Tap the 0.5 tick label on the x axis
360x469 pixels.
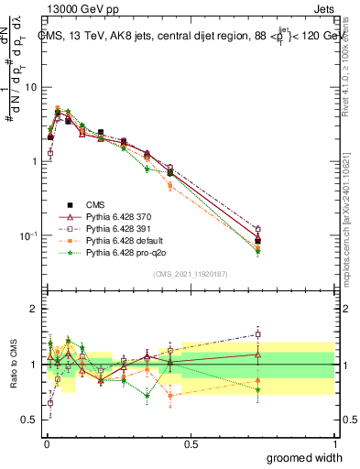point(191,444)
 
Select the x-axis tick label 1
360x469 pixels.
point(334,444)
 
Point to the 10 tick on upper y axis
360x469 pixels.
point(30,87)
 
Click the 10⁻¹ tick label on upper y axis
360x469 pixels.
point(28,235)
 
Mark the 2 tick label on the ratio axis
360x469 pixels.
point(34,309)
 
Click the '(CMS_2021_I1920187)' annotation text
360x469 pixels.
point(190,274)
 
